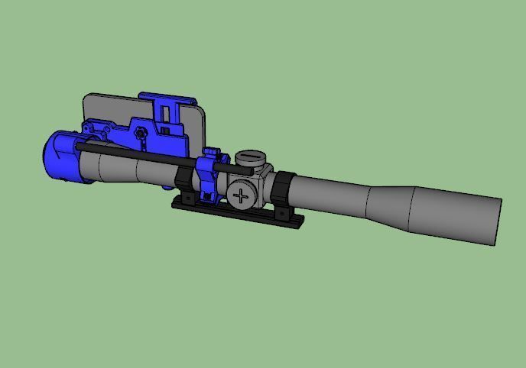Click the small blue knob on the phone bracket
point(141,134)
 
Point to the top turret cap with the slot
point(250,159)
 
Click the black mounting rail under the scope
point(237,214)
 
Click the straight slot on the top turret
point(250,157)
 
